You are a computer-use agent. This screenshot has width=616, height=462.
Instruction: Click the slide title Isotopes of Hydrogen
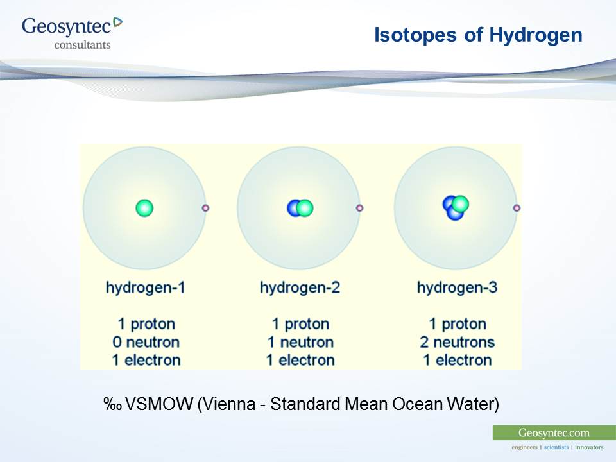(x=477, y=35)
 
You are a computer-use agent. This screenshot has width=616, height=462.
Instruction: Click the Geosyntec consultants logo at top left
(x=71, y=32)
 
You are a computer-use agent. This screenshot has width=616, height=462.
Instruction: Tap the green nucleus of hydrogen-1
(x=144, y=208)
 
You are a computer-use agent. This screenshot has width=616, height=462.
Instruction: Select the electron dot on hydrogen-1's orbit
(x=205, y=208)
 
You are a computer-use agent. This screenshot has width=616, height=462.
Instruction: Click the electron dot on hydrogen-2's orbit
(x=359, y=208)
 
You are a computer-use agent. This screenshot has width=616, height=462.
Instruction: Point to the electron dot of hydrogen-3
(x=517, y=208)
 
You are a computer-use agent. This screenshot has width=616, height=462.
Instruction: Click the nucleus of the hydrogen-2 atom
(x=300, y=208)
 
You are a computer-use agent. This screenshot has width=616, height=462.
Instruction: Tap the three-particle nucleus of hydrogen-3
(x=456, y=208)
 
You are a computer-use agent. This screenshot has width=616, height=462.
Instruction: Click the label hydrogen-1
(x=146, y=287)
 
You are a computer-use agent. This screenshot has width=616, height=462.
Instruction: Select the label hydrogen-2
(x=300, y=287)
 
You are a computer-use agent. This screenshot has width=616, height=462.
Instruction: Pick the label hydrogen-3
(x=457, y=287)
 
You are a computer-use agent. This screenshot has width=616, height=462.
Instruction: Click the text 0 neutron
(x=146, y=342)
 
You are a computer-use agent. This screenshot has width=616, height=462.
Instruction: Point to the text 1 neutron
(x=300, y=342)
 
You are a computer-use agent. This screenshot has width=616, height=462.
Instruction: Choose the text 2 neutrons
(x=457, y=342)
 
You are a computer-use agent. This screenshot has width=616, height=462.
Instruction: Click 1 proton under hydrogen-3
(x=457, y=324)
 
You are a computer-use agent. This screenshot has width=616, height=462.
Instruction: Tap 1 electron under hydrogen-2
(x=300, y=360)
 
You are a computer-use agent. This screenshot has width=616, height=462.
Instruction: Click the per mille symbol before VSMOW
(x=113, y=404)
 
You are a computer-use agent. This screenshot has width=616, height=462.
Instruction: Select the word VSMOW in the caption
(x=158, y=404)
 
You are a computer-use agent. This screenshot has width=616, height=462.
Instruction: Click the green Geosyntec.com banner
(x=554, y=433)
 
